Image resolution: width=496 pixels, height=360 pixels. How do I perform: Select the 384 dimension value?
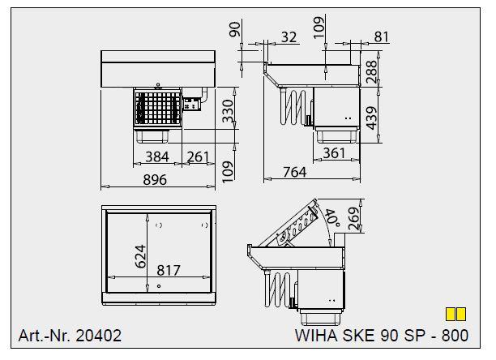coord(157,156)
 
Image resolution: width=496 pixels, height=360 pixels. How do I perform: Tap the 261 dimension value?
coord(199,156)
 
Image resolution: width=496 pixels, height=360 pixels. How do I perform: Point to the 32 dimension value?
coord(288,36)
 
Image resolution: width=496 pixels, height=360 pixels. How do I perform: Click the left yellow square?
coord(451,313)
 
